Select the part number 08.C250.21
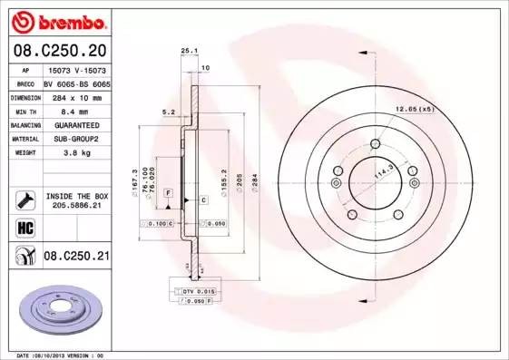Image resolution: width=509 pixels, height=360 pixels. (76, 258)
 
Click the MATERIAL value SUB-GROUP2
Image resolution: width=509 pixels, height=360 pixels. (76, 140)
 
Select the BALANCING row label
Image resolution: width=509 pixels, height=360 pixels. (24, 125)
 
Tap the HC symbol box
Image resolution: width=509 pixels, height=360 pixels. (25, 227)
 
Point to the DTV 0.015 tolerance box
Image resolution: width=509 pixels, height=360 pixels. (192, 289)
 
